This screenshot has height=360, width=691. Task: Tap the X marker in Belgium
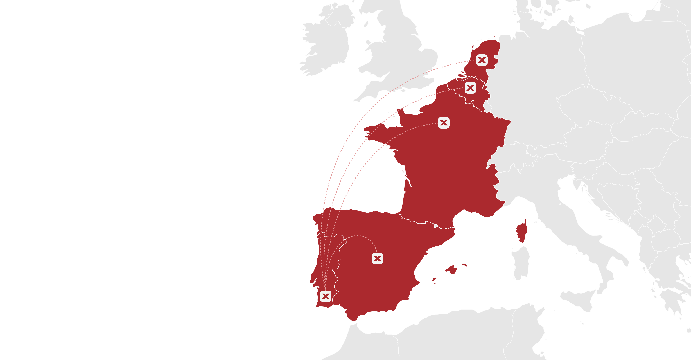[470, 88]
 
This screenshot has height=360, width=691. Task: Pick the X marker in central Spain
[377, 258]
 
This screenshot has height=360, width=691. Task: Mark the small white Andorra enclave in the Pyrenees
[436, 226]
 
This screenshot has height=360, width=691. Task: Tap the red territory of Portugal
[322, 263]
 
